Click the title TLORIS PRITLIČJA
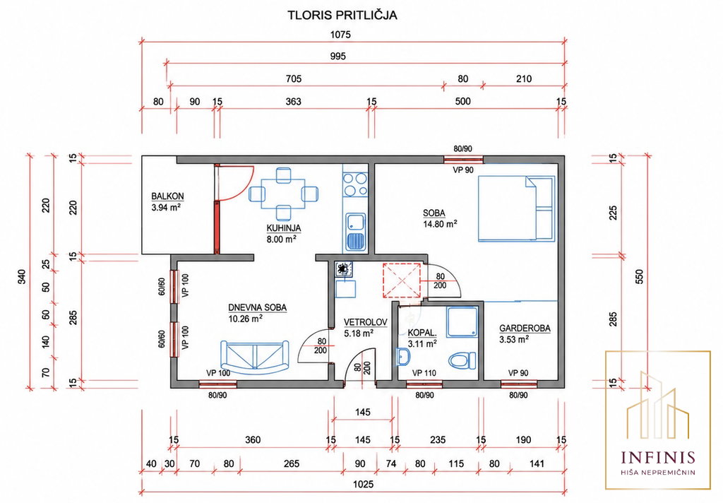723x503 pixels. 342,16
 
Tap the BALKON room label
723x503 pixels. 167,196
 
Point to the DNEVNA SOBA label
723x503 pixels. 257,308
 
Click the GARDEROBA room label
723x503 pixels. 525,329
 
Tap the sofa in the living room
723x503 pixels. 254,358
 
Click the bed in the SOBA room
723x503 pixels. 516,208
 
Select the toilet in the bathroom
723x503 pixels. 462,361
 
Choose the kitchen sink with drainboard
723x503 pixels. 356,232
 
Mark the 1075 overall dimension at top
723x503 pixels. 341,35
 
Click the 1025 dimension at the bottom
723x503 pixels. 364,485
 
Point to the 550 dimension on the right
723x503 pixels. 639,276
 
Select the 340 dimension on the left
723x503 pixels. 22,276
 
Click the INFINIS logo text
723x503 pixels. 658,457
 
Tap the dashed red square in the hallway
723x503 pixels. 402,280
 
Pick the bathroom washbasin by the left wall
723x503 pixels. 403,357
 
